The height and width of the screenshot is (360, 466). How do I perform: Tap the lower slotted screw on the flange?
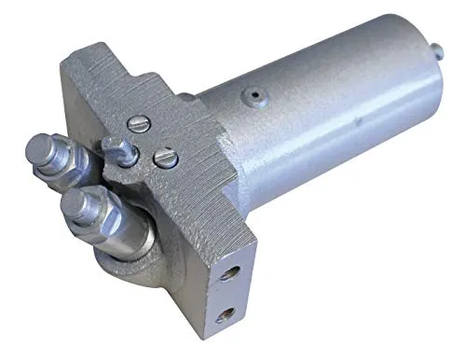[x=165, y=159]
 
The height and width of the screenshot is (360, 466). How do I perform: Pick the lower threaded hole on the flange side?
[x=225, y=315]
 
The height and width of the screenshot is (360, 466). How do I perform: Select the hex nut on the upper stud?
[x=67, y=164]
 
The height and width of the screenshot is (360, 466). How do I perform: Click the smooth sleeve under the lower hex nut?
[x=126, y=238]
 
